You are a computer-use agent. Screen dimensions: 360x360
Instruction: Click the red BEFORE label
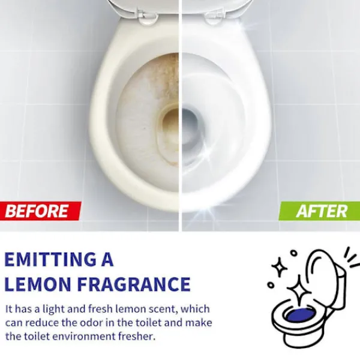40,211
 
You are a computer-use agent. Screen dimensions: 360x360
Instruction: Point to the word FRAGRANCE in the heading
134,284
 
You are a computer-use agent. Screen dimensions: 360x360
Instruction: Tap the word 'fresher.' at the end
137,337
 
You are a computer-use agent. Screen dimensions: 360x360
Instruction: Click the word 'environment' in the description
84,337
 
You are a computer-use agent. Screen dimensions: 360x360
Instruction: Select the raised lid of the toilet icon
326,279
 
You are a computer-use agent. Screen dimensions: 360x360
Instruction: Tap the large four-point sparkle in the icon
299,291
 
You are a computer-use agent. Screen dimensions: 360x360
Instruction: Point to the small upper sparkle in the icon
279,267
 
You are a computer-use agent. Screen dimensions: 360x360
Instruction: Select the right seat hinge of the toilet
214,17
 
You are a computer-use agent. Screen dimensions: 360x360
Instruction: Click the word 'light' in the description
53,310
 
